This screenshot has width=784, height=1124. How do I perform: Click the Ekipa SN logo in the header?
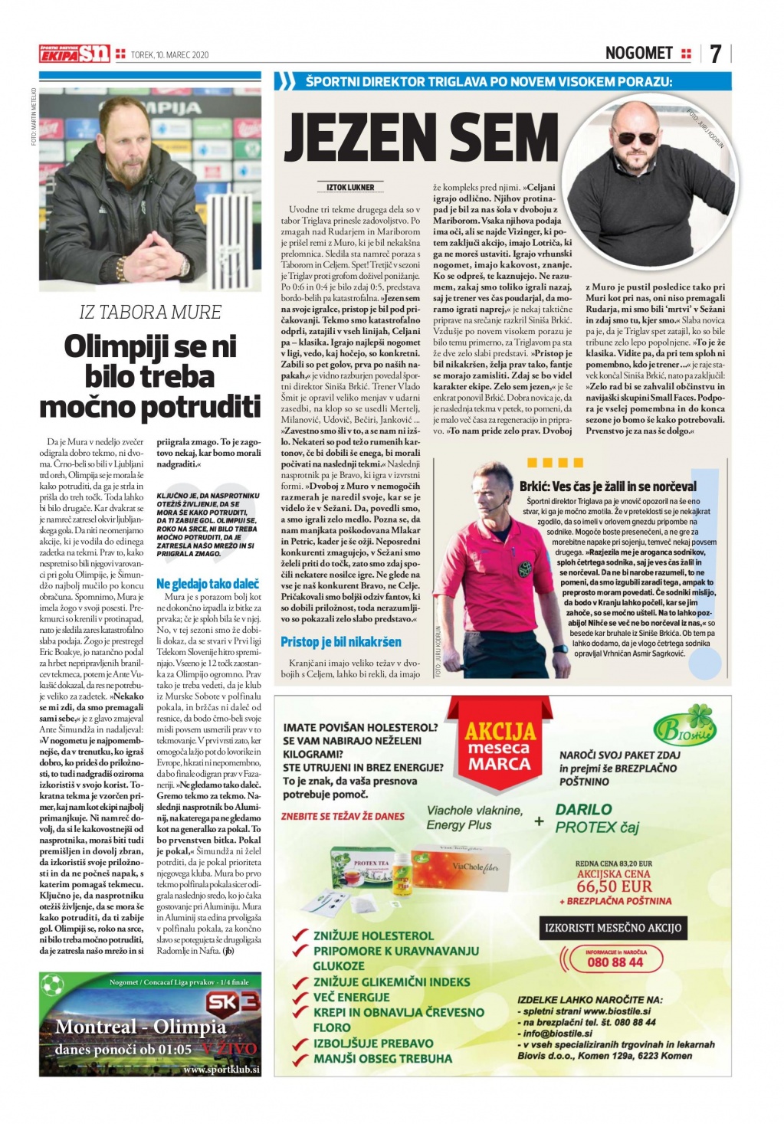point(74,54)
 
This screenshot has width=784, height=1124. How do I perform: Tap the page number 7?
point(715,54)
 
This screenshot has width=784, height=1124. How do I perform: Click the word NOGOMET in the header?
point(638,53)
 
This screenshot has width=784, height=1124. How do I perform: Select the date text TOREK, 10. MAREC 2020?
point(169,55)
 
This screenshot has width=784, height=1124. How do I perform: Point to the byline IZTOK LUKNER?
point(350,187)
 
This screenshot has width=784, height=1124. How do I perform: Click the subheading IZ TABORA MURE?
point(150,312)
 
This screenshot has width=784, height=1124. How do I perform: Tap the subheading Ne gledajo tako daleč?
point(208,584)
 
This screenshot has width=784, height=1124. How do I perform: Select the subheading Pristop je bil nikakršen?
point(340,642)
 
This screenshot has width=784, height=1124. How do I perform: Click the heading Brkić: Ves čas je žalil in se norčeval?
point(608,486)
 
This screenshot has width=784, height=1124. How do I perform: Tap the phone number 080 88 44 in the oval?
point(615,962)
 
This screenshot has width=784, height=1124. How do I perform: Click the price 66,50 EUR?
point(614,886)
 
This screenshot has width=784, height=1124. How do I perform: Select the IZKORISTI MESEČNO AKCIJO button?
point(612,927)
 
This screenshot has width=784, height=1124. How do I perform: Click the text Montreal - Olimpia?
point(140,1027)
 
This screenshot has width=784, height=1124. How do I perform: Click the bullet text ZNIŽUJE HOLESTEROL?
point(372,936)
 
